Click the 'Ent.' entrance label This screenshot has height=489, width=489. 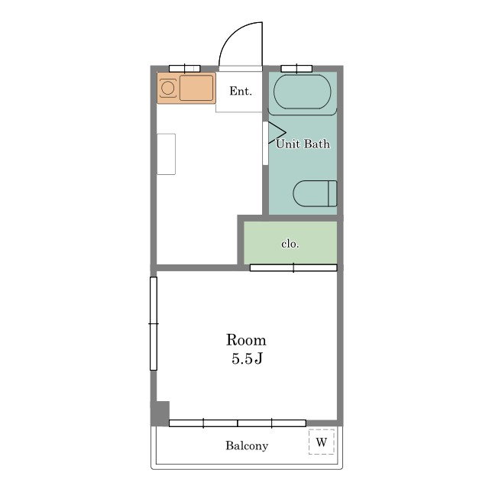tap(241, 91)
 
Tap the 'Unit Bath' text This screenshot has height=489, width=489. tap(303, 144)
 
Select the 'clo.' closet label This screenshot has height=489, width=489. tap(290, 244)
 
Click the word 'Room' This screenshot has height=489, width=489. tap(246, 340)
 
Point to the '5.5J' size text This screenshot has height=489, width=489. tap(247, 358)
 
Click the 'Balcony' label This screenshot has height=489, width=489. tap(247, 445)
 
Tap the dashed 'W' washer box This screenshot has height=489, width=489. tap(322, 442)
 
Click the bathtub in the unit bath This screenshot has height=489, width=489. tap(303, 92)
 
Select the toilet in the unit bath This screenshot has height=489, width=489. tap(315, 193)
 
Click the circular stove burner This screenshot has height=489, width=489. tap(168, 88)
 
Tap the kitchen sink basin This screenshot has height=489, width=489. tap(196, 88)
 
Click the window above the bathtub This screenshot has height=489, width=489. tap(296, 69)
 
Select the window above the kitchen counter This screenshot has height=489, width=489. tap(185, 69)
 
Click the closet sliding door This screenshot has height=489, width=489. tap(293, 267)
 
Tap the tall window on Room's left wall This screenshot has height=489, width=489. tap(154, 324)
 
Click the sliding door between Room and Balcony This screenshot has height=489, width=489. tap(238, 423)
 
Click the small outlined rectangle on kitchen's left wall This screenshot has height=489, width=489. tap(167, 154)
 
